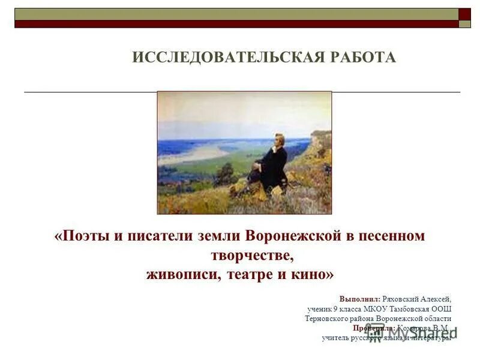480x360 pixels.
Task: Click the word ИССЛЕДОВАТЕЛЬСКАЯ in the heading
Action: pos(227,58)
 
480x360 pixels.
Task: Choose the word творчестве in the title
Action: pos(253,255)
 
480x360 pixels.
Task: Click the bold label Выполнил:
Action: pos(359,298)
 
